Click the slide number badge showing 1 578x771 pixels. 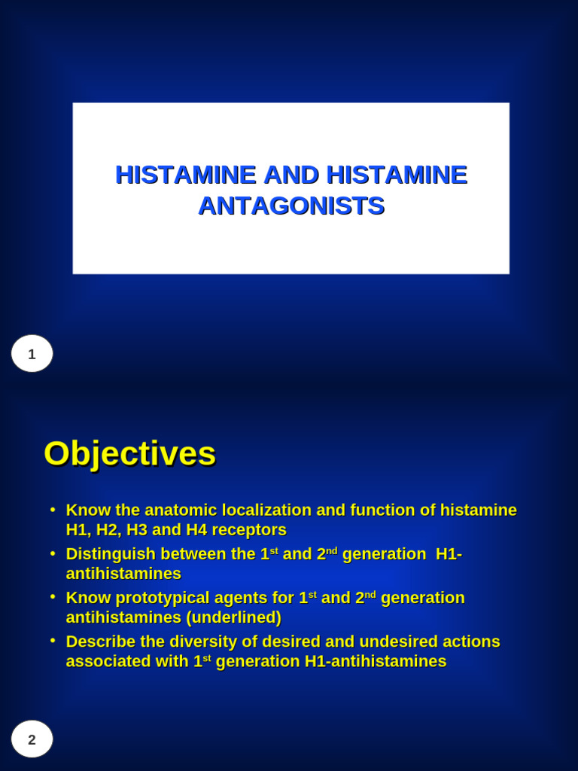pos(32,354)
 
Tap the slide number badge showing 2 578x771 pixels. pos(32,739)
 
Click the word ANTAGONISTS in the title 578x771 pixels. pos(291,206)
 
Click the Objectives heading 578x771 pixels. pos(129,454)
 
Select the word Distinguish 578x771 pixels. pos(110,554)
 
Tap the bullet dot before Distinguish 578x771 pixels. pos(53,553)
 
